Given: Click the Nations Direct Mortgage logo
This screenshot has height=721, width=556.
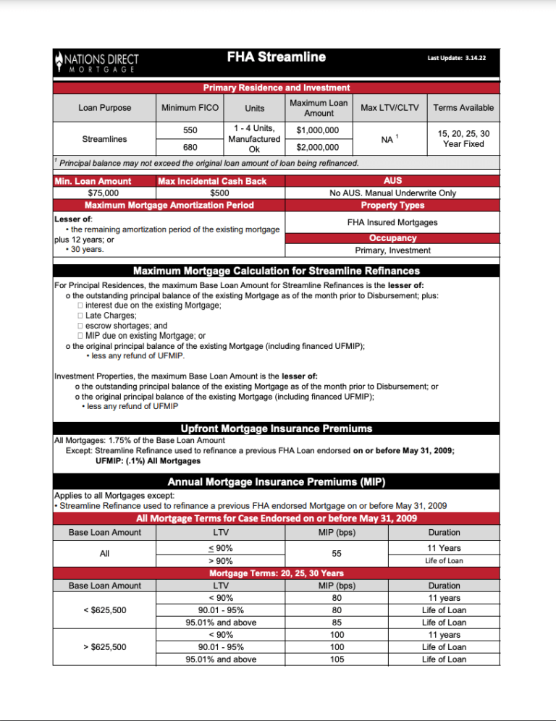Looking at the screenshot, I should (96, 62).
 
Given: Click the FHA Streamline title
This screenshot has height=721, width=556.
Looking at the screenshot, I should (276, 58).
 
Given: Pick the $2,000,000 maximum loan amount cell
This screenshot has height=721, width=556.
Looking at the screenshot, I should (319, 148).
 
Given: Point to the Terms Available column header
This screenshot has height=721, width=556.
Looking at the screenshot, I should (463, 108).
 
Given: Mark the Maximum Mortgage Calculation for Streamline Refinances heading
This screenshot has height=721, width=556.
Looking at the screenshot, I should (276, 271).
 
